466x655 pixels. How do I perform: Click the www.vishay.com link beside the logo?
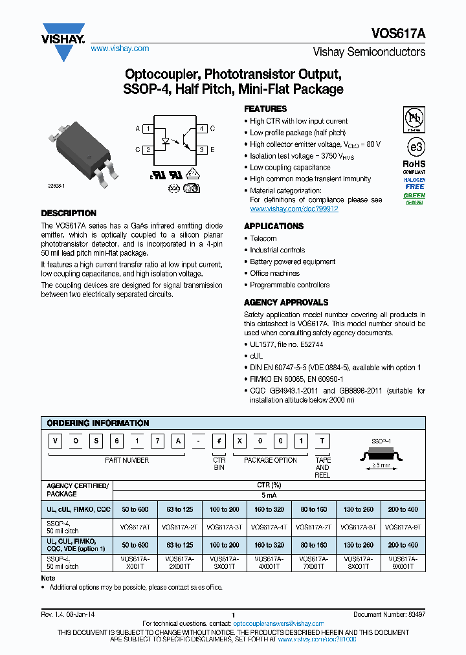120,49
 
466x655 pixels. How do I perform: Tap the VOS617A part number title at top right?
398,32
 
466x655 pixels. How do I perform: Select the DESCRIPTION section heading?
69,213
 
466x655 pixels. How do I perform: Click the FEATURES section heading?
265,109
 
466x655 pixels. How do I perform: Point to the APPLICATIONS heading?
273,226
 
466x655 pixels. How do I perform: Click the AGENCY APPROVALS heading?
285,302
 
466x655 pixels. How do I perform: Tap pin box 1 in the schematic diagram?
149,129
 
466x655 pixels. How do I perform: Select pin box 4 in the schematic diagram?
202,129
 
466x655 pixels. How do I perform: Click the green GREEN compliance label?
414,195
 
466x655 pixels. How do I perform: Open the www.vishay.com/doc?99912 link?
294,209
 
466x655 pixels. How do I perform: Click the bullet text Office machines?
275,273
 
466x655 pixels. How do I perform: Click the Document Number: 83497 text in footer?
389,614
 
